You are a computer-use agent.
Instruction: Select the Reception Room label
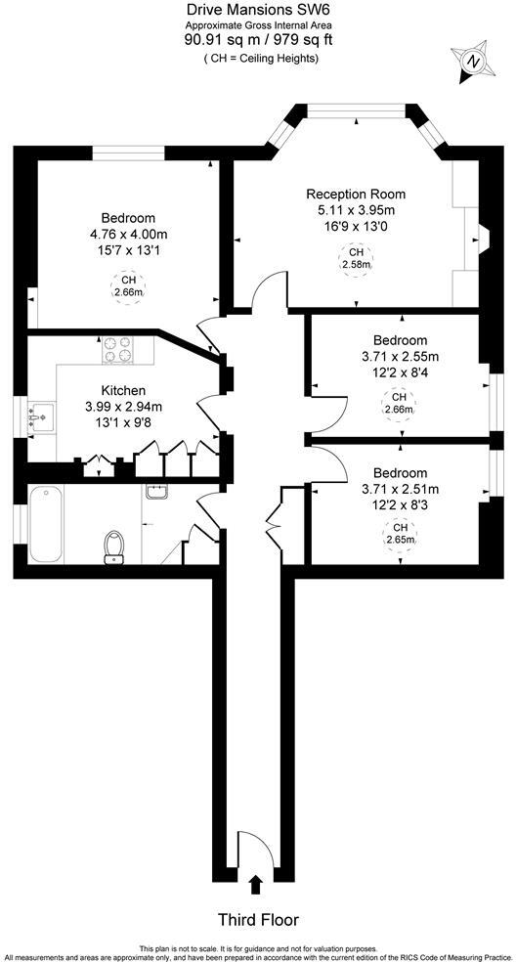[356, 194]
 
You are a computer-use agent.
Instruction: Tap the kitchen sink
[40, 418]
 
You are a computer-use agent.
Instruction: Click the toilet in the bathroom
[114, 547]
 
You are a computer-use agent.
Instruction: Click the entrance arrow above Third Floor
[256, 885]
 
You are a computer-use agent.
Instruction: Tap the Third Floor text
[258, 920]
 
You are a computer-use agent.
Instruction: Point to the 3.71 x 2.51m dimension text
[400, 489]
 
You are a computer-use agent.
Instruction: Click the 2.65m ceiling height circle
[400, 534]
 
